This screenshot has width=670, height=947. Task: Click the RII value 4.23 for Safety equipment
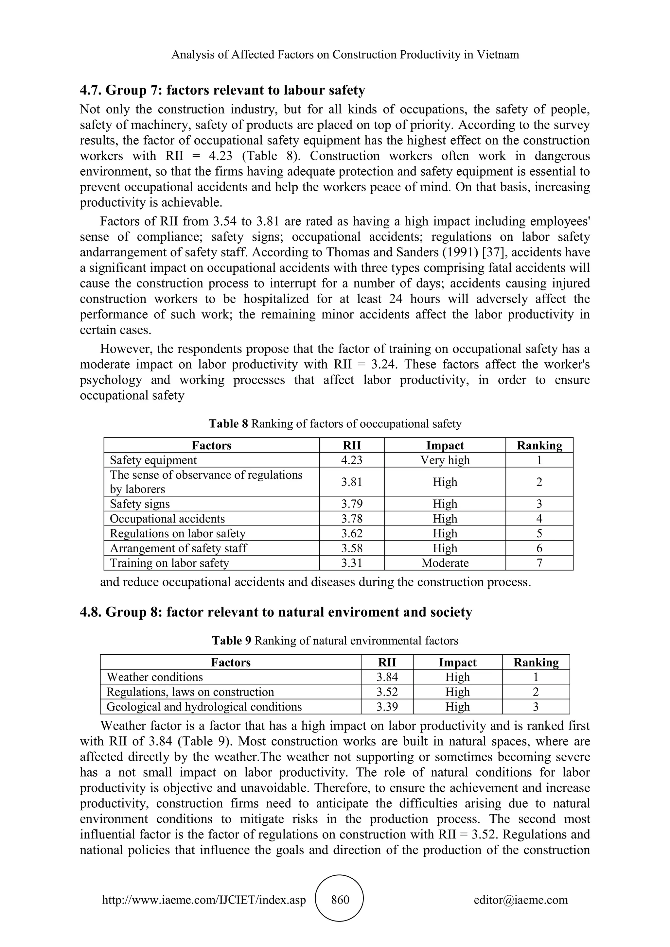(351, 460)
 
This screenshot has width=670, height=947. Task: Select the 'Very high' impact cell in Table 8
(445, 460)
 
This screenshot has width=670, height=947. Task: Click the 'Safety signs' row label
(140, 504)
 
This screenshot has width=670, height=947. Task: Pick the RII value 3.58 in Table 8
(351, 548)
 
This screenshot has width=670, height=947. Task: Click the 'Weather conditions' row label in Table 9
(155, 677)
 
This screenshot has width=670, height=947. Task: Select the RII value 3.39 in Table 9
(387, 707)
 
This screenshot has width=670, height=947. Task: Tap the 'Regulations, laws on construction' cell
(190, 692)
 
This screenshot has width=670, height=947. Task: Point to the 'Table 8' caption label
(228, 423)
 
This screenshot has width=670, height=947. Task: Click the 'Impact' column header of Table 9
(457, 662)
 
